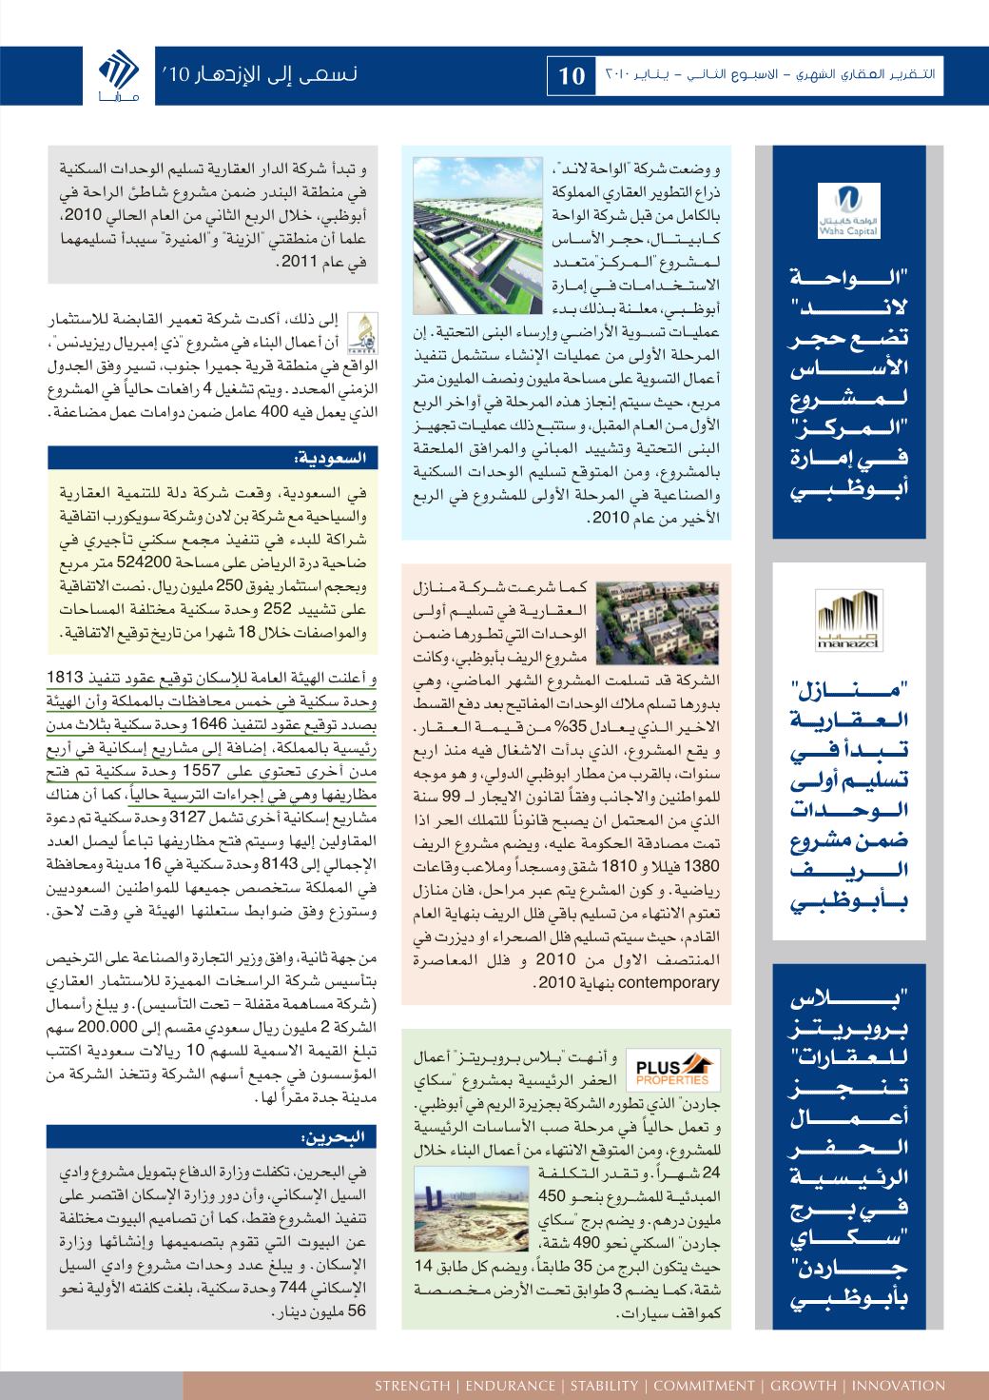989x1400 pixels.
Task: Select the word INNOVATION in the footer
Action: click(900, 1385)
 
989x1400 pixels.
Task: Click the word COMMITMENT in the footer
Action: click(704, 1385)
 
